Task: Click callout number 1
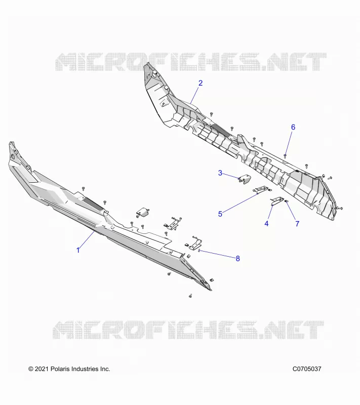(x=78, y=250)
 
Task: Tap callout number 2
(x=201, y=83)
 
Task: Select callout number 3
(x=220, y=173)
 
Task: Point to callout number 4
(x=266, y=223)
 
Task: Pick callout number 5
(x=220, y=214)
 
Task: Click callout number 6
(x=293, y=127)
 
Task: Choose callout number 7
(x=297, y=224)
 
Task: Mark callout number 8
(x=237, y=258)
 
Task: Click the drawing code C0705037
(x=307, y=369)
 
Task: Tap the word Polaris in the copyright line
(x=60, y=369)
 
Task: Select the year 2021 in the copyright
(x=42, y=369)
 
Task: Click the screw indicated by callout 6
(x=285, y=156)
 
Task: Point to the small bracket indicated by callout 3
(x=244, y=179)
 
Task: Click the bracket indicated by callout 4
(x=277, y=200)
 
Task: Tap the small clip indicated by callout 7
(x=286, y=201)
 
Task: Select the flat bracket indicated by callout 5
(x=262, y=189)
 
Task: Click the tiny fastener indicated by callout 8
(x=199, y=250)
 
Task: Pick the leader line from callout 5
(x=240, y=203)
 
